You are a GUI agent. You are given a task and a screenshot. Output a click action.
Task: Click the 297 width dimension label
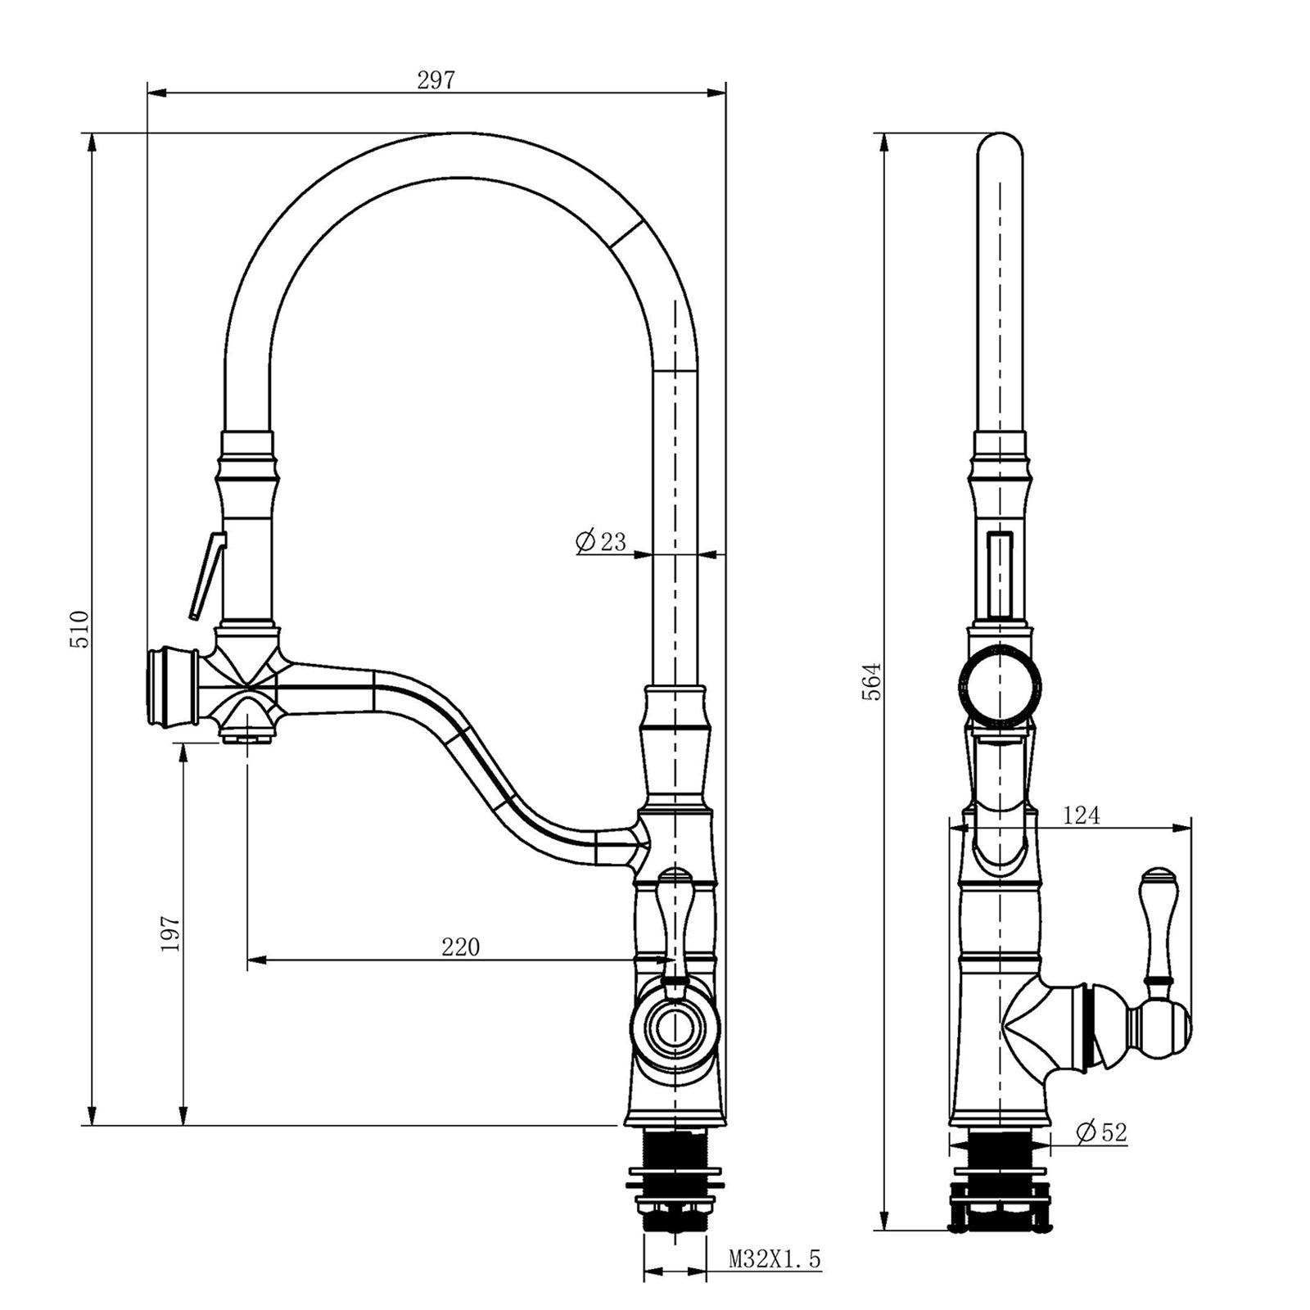click(x=436, y=80)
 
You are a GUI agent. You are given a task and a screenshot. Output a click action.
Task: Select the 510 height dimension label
click(x=79, y=629)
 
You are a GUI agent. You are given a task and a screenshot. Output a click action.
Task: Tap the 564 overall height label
click(x=872, y=681)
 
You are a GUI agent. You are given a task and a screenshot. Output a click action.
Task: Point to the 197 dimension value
click(x=170, y=933)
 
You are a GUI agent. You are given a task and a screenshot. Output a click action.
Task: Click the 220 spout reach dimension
click(x=461, y=946)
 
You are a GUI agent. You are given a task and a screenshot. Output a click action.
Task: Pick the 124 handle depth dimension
click(x=1081, y=815)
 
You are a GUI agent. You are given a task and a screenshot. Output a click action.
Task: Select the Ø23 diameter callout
click(x=601, y=541)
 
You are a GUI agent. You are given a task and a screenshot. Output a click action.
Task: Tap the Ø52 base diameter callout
click(x=1102, y=1132)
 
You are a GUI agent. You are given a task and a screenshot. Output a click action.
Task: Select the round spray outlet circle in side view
click(x=1000, y=686)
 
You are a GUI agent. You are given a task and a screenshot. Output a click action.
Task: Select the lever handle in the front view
click(x=675, y=933)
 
